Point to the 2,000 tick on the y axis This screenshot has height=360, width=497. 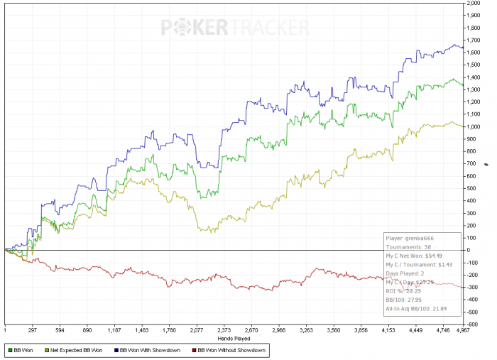pos(474,4)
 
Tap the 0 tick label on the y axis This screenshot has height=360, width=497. pos(469,250)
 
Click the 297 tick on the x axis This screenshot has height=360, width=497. pos(33,330)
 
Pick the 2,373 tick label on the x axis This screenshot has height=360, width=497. pos(224,330)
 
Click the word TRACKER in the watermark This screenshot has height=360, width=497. pos(268,28)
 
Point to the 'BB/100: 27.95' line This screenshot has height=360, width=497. pos(403,298)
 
